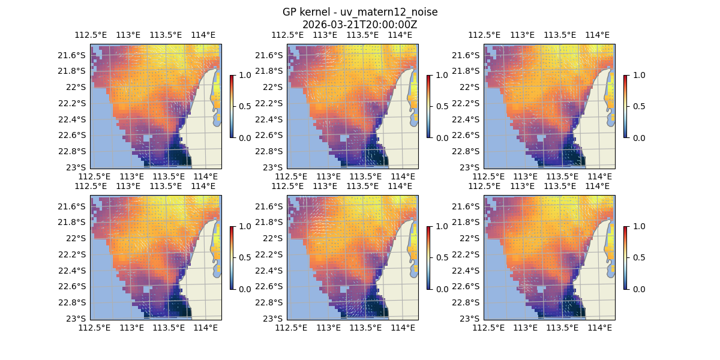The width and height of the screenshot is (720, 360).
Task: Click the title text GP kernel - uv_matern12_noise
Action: (360, 12)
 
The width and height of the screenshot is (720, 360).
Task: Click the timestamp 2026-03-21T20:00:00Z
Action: (360, 25)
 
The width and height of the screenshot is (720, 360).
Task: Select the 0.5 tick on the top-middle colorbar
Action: (442, 106)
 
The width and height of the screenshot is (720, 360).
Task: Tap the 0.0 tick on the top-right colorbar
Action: (638, 137)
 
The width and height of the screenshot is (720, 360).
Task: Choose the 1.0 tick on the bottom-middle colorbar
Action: (442, 226)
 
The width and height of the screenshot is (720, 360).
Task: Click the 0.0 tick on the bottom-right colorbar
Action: (638, 289)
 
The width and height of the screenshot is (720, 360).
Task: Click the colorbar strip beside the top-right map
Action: (625, 106)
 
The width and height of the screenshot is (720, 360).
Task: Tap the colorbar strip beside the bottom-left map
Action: (232, 257)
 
